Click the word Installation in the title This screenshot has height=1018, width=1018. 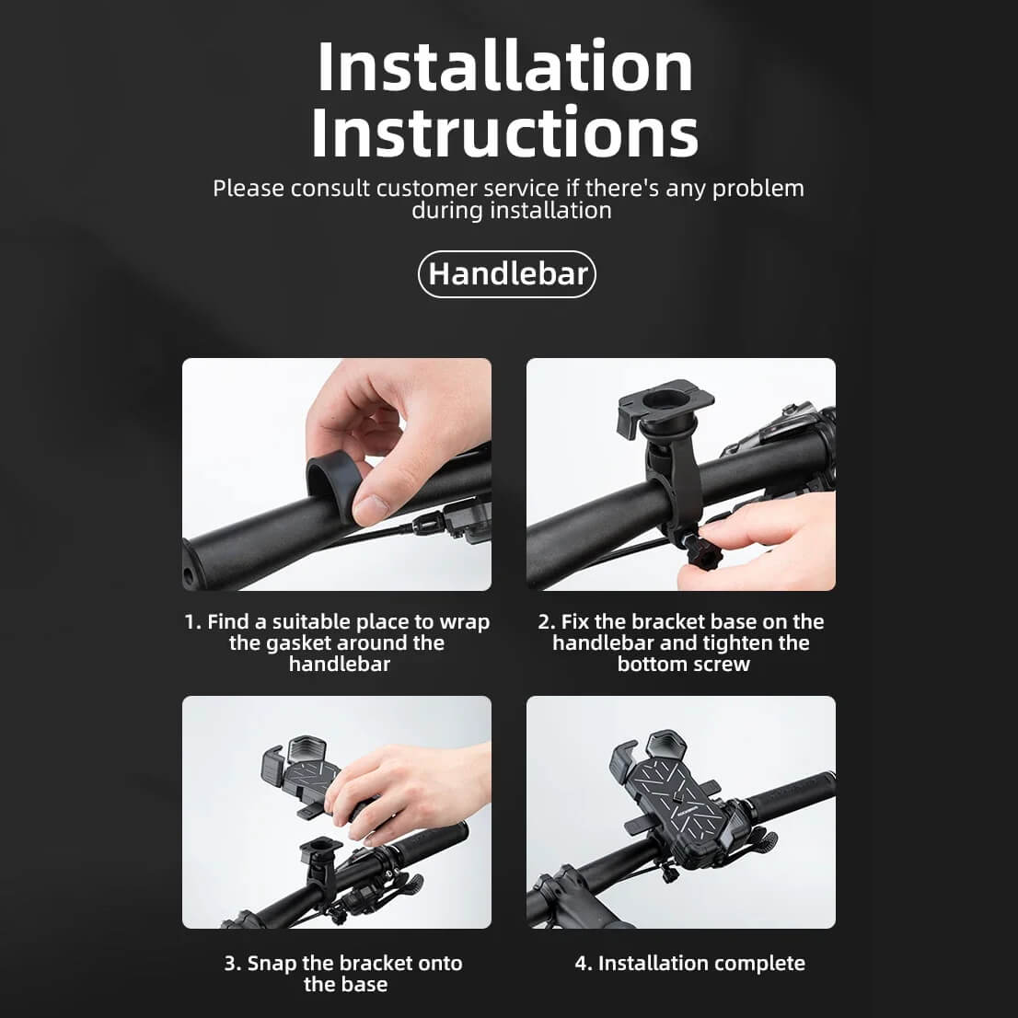(x=504, y=67)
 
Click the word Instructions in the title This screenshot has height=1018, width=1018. (x=504, y=133)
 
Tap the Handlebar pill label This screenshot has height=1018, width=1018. (x=507, y=274)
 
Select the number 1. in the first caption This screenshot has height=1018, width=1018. (x=192, y=622)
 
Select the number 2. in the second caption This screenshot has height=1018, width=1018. (x=547, y=622)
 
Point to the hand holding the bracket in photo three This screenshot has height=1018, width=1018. (x=405, y=783)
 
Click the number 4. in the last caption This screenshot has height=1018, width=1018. (x=584, y=964)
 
